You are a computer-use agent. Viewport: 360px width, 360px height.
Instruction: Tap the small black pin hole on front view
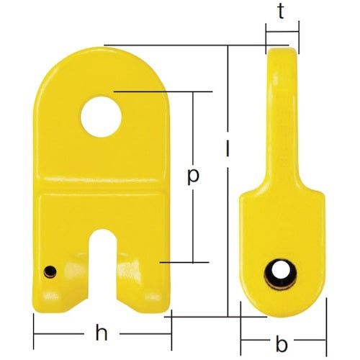tap(50, 271)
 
